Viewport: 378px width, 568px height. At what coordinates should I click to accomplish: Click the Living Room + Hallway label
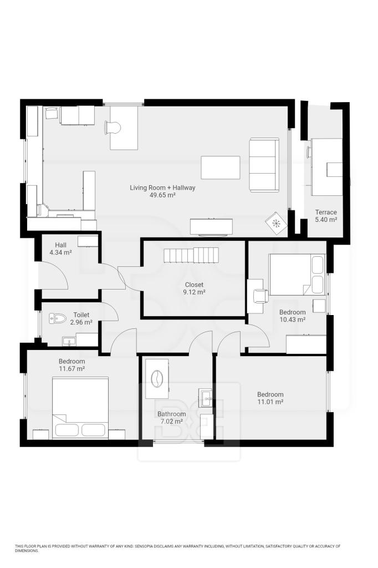click(162, 187)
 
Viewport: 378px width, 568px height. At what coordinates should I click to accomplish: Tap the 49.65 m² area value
click(162, 195)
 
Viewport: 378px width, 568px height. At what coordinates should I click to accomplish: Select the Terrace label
click(326, 212)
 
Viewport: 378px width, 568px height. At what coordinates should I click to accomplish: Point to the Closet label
click(194, 285)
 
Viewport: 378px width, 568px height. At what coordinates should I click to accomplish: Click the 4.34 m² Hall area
click(60, 252)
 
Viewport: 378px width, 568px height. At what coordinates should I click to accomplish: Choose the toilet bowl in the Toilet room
click(58, 319)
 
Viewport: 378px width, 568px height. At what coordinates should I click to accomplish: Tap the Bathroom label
click(172, 414)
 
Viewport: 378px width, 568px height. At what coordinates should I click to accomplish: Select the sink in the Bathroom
click(207, 398)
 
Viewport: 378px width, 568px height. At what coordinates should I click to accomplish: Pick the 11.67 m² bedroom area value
click(71, 369)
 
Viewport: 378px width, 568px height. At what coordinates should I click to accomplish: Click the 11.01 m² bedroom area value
click(270, 402)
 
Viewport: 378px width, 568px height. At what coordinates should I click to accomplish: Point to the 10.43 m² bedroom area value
click(292, 319)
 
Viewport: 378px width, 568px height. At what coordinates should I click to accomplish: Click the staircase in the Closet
click(191, 255)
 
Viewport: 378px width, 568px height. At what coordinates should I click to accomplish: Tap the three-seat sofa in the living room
click(264, 165)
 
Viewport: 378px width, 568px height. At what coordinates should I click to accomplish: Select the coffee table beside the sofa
click(221, 168)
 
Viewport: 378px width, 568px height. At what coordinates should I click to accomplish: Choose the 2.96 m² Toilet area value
click(81, 322)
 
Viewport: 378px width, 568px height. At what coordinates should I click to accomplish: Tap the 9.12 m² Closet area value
click(194, 292)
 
